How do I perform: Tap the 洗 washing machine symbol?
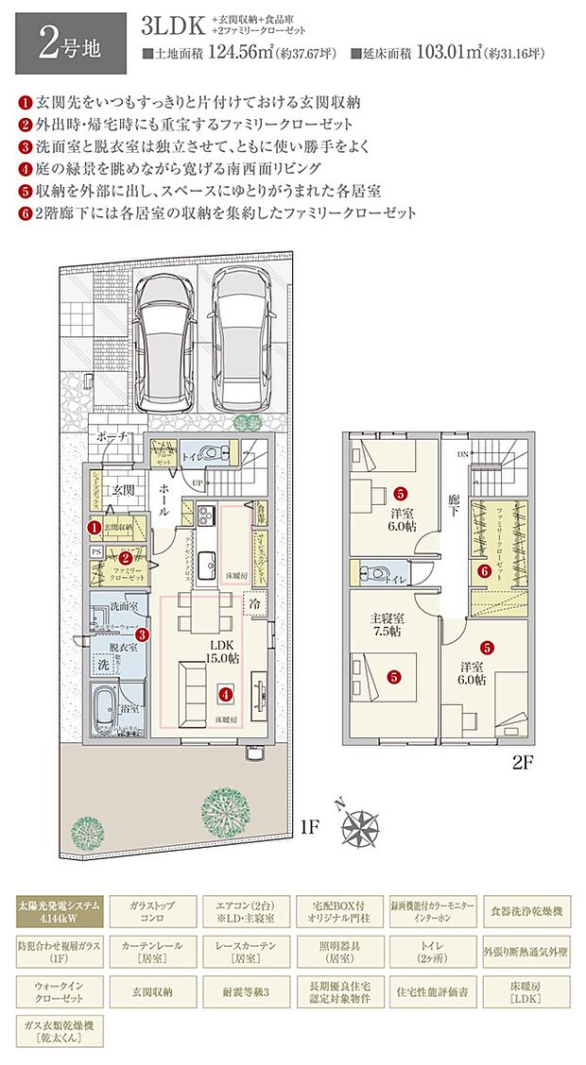pos(103,666)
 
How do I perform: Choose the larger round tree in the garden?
pos(225,808)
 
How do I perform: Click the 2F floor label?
pos(523,764)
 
